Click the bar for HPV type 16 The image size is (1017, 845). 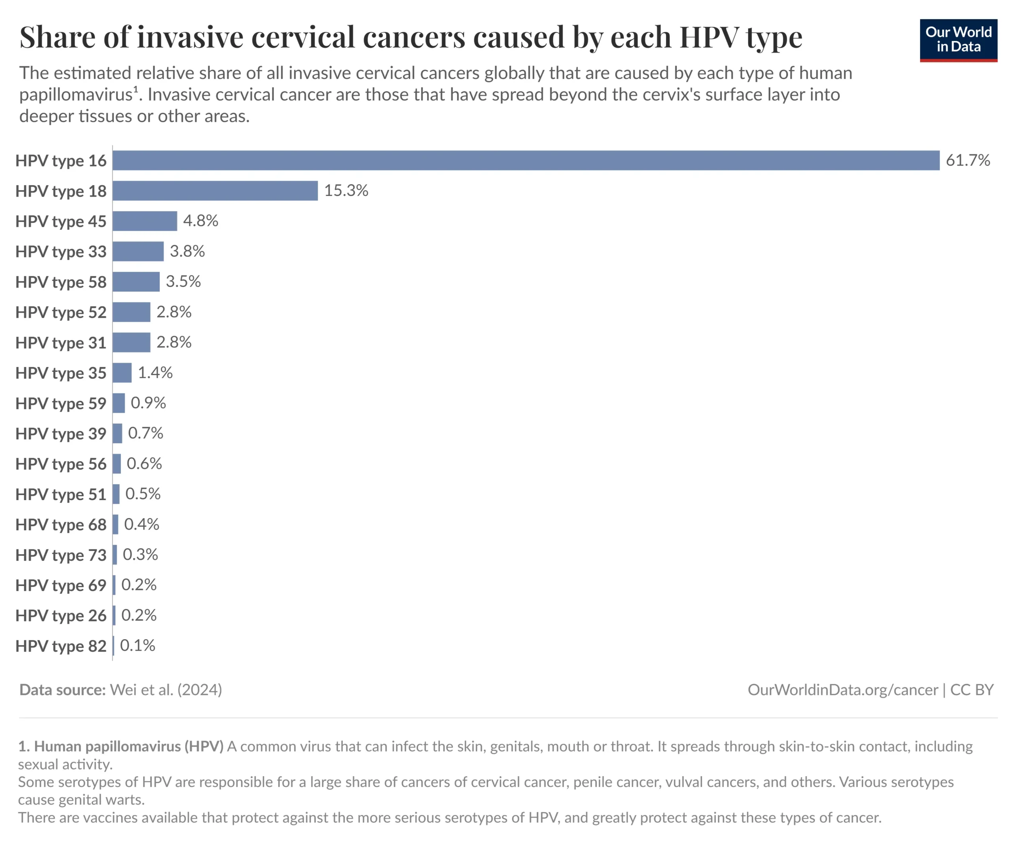[x=526, y=160]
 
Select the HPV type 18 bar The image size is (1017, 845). [x=215, y=191]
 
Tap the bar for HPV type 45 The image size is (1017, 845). [x=145, y=221]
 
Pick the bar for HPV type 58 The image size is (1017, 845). [x=136, y=282]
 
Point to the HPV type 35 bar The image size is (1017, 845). [x=122, y=373]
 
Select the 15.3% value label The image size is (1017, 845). [x=346, y=191]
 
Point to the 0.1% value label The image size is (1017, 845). [x=137, y=646]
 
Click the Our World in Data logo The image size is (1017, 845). [x=958, y=40]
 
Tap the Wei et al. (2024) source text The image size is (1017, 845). [x=166, y=690]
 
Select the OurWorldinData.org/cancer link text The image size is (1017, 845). [x=842, y=690]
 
